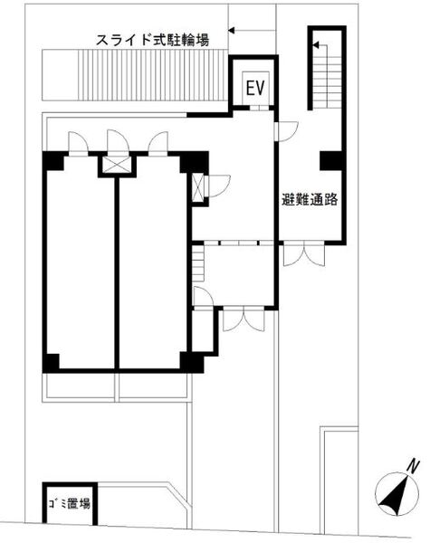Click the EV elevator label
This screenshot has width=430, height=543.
pos(255,88)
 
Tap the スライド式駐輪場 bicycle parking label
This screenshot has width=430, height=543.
pos(153,40)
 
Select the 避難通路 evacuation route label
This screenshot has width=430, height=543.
pos(310,199)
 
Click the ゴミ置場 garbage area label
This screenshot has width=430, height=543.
pos(70,503)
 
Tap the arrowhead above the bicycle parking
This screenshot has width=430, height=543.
pos(232,31)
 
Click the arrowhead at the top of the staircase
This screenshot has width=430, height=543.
pos(316,44)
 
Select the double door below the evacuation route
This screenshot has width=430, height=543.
pos(304,255)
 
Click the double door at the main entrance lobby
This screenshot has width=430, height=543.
pos(244,319)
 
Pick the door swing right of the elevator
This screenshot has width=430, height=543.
pos(287,131)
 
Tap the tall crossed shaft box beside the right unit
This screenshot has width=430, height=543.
pos(198,187)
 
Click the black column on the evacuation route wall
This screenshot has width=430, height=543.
pos(331,161)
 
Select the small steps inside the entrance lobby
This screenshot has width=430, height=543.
pos(198,263)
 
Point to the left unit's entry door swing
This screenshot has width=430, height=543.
pos(79,143)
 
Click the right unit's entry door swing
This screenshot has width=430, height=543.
pos(158,142)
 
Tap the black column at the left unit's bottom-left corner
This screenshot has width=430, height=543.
pos(51,362)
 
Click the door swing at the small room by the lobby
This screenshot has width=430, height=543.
pos(203,297)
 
